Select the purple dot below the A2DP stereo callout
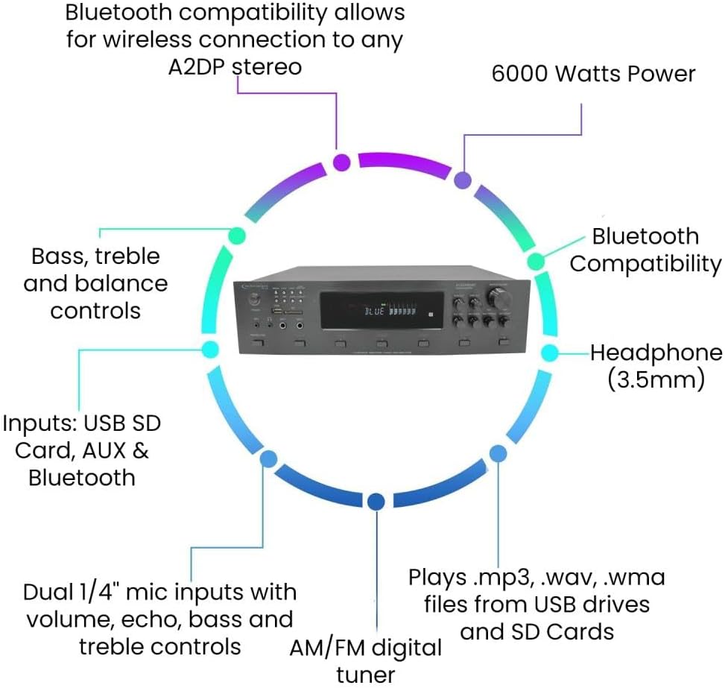341,162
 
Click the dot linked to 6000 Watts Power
463,180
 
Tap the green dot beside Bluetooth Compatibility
536,262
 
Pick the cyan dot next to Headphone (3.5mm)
549,353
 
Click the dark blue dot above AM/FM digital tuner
376,502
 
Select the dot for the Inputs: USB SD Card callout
210,349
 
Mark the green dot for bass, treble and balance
236,236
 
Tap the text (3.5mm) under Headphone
656,379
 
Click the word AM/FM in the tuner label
323,647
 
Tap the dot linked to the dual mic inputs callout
268,458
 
